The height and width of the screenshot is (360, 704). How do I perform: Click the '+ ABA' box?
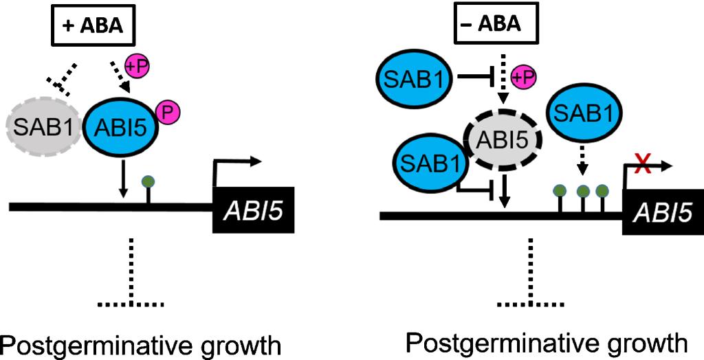click(x=95, y=27)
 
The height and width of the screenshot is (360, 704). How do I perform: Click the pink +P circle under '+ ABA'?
click(x=136, y=67)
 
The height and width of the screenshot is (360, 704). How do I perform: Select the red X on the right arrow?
click(x=644, y=164)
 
